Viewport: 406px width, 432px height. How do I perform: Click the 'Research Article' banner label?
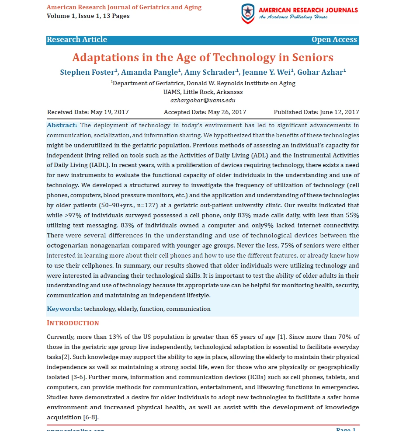click(77, 40)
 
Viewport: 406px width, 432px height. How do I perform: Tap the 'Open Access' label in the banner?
click(334, 40)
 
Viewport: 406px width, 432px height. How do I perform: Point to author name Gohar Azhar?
click(322, 72)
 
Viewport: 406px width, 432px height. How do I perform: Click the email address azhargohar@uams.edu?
click(203, 100)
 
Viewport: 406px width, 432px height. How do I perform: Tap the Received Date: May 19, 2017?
click(88, 112)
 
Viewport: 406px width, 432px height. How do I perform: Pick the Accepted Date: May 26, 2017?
click(205, 112)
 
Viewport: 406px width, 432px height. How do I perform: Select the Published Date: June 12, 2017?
click(316, 112)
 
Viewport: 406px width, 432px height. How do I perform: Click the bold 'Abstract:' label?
click(62, 125)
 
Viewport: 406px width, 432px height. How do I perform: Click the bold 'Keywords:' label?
click(64, 309)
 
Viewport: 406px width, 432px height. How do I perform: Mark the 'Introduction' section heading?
click(73, 323)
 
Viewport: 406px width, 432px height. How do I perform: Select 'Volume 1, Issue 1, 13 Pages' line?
click(88, 16)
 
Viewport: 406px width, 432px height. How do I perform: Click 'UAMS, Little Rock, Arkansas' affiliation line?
click(203, 92)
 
